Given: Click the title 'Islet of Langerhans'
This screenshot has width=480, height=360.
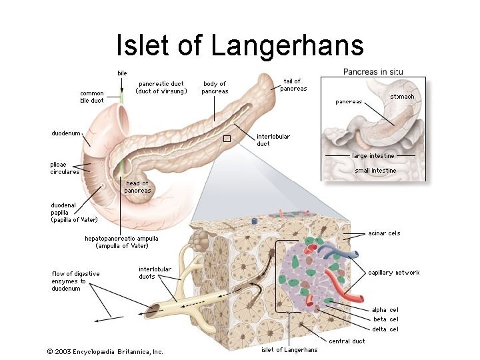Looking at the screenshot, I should [240, 45].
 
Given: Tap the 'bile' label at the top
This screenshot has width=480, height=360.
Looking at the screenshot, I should [122, 73].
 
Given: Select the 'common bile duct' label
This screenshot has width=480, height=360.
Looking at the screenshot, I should [92, 97].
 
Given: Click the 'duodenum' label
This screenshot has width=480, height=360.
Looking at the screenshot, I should [66, 133].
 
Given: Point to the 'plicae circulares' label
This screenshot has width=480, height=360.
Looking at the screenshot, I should [65, 168].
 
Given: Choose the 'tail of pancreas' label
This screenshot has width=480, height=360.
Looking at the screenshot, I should [293, 85].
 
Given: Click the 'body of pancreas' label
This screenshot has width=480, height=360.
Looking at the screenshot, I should [215, 87].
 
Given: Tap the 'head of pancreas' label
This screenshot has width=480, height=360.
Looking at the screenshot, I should [137, 187].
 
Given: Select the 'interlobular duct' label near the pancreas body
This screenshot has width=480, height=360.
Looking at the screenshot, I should [273, 140].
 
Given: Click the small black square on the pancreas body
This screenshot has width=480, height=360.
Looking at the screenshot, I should [226, 139].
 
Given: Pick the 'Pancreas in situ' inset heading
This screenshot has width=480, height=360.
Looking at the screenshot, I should [373, 71].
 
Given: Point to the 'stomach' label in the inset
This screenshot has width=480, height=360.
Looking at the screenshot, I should [402, 97].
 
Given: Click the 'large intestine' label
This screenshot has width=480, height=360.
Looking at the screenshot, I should [373, 156].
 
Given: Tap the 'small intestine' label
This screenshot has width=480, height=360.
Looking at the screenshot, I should [375, 171].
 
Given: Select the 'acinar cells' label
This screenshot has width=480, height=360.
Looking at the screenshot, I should [384, 233].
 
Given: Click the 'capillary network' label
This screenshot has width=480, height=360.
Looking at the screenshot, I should [394, 272].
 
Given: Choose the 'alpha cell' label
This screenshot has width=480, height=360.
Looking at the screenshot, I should [385, 309].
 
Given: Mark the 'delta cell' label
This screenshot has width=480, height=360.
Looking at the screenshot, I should [385, 329].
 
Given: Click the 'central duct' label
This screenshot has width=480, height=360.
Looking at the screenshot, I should [347, 341].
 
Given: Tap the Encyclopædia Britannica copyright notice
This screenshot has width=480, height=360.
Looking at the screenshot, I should [105, 351].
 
